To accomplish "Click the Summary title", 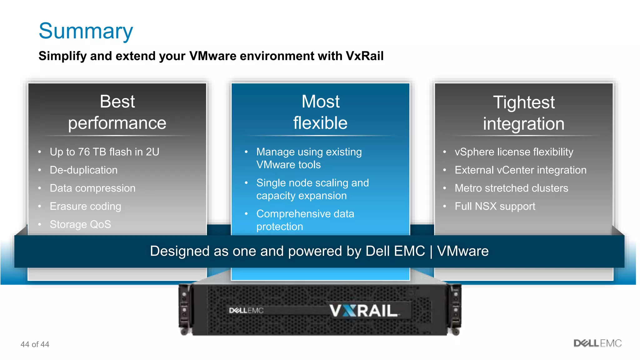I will pos(86,31).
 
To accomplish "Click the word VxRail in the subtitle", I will pos(364,56).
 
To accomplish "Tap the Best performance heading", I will pos(117,112).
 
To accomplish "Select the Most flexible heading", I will pos(320,112).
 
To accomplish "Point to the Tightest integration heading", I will pos(524,113).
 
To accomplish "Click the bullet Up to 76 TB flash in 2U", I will pos(104,152).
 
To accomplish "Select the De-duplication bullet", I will pos(84,170).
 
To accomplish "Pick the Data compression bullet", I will pos(92,188).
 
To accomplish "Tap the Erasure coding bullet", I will pos(85,206).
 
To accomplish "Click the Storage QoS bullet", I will pos(80,224).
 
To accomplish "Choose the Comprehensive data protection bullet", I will pos(305,220).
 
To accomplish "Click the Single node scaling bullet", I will pos(312,189).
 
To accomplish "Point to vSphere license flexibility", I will pos(514,152).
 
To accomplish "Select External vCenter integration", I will pos(520,170).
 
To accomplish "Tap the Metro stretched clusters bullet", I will pos(511,188).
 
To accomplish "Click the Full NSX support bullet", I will pos(495,206).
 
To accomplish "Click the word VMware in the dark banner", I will pos(462,251).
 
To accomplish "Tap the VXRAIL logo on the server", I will pos(363,311).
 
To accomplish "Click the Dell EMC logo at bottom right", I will pos(597,343).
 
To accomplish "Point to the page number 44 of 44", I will pos(35,344).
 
